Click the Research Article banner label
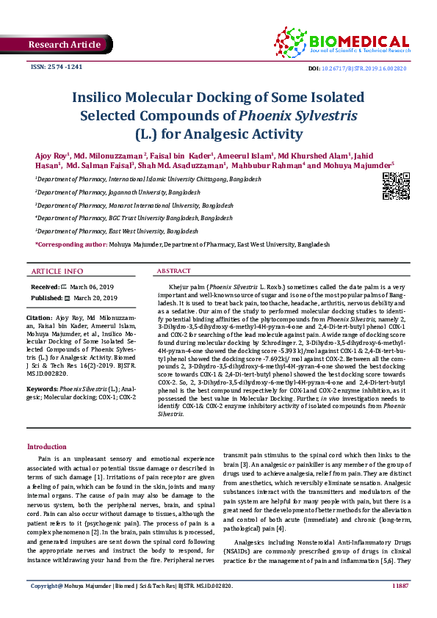pyautogui.click(x=64, y=45)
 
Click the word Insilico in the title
pyautogui.click(x=104, y=97)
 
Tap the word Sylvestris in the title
pyautogui.click(x=322, y=115)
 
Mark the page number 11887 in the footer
pyautogui.click(x=400, y=606)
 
